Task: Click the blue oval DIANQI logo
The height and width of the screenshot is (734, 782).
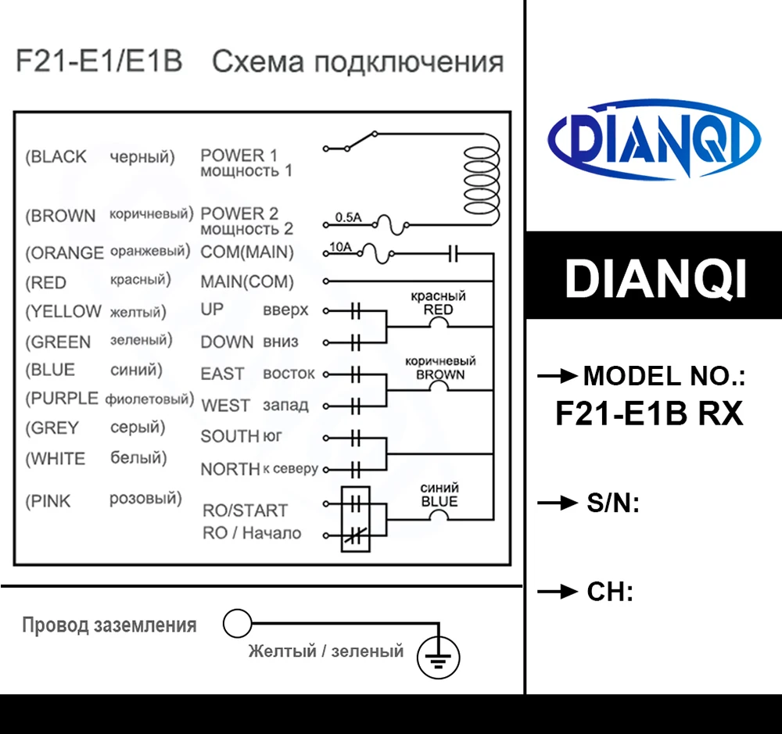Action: point(652,138)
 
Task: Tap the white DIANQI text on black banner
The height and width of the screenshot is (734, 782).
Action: point(655,277)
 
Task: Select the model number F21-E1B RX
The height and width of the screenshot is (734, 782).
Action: point(649,413)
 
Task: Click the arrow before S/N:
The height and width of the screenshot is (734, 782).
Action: point(557,503)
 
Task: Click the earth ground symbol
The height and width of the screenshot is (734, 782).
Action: point(439,657)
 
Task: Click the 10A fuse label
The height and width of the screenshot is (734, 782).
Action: point(341,248)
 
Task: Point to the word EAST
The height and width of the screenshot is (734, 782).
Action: point(222,374)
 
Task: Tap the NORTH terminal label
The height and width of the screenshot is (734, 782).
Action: point(230,469)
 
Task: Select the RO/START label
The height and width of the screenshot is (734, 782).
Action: point(245,510)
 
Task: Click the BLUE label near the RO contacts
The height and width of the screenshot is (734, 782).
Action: point(439,501)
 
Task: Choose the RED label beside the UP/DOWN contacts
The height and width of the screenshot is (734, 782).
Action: point(438,310)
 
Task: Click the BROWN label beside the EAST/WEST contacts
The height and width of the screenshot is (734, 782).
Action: point(440,374)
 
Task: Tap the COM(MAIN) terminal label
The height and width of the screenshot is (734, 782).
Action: point(247,252)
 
